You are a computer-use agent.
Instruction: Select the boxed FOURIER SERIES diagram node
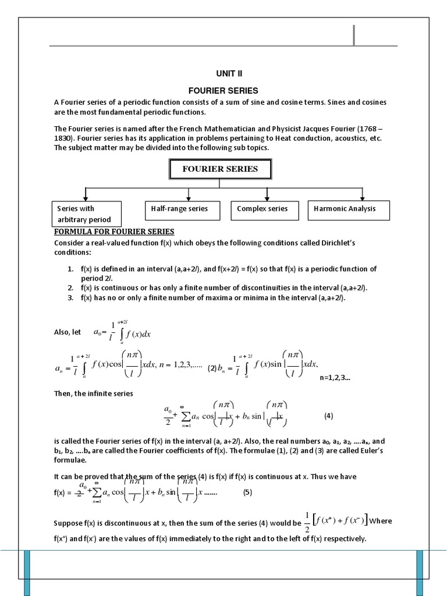click(x=220, y=169)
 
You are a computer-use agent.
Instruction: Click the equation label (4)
click(x=328, y=416)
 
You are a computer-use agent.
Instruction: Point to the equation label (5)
click(x=248, y=492)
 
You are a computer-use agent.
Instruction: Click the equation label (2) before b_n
click(x=212, y=367)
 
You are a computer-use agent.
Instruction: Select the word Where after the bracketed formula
click(x=381, y=520)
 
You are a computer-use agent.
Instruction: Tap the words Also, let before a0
click(x=68, y=332)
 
